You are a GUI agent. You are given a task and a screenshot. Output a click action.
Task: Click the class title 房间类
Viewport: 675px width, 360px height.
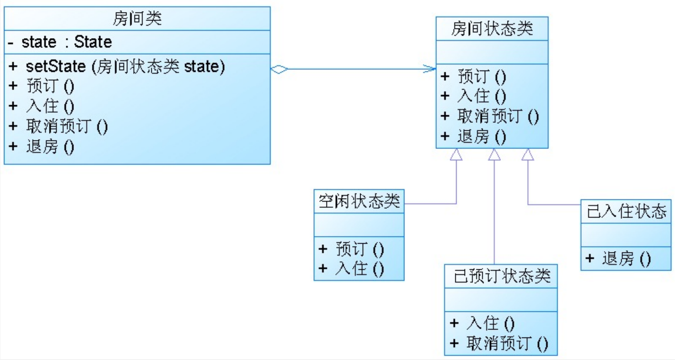[x=137, y=18]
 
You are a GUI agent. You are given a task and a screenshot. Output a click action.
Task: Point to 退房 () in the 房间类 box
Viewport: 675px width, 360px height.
[x=50, y=146]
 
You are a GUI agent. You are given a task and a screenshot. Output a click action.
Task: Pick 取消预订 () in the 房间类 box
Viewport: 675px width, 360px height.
[x=67, y=126]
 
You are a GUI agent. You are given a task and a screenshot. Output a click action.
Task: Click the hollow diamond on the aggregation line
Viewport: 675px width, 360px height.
[x=279, y=69]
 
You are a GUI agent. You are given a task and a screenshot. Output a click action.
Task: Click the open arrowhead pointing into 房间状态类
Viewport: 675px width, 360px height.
[x=430, y=69]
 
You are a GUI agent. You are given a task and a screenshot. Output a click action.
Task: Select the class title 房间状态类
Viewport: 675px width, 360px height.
[x=492, y=28]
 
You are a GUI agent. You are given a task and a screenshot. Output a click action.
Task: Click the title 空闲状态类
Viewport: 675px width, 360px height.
[x=359, y=201]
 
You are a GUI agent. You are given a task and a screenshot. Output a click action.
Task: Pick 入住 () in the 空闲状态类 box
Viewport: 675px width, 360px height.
[x=359, y=268]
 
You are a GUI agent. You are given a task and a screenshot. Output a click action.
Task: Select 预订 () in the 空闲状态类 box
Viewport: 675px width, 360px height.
[x=359, y=249]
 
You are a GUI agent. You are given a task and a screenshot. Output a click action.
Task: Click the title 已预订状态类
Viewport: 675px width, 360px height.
[x=501, y=276]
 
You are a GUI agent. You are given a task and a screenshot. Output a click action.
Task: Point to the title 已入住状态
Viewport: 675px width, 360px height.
[x=626, y=211]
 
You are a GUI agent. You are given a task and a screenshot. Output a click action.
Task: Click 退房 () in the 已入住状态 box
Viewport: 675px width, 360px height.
[x=626, y=258]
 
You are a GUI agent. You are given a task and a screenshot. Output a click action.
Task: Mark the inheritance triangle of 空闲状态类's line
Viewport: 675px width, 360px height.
[x=456, y=155]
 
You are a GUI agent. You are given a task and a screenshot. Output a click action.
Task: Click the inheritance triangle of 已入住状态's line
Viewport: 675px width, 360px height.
[x=528, y=155]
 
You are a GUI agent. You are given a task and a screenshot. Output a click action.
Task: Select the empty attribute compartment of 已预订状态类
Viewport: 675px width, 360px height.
[x=501, y=300]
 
